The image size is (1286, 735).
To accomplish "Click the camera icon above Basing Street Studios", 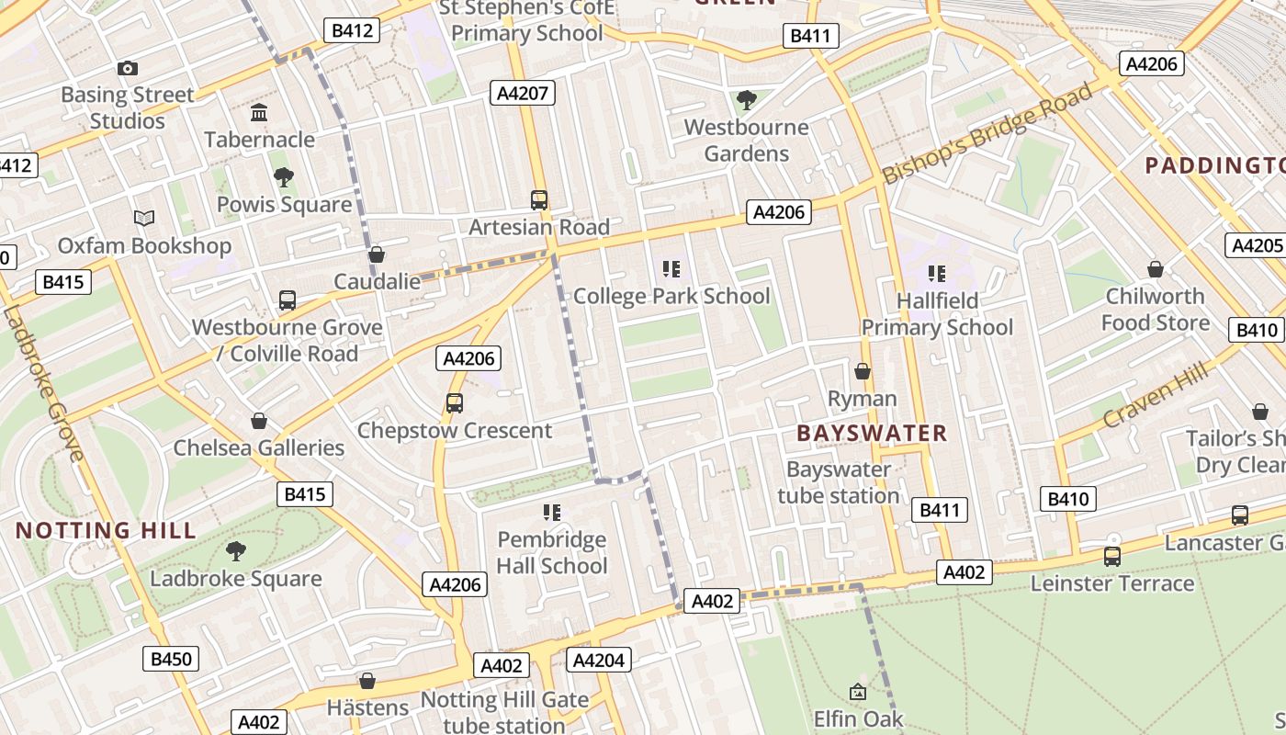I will click(x=128, y=68).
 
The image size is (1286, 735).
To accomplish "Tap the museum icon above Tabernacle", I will click(x=259, y=113).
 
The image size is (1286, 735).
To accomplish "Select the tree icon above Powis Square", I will click(x=284, y=177).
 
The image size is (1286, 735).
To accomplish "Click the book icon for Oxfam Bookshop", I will click(x=144, y=219).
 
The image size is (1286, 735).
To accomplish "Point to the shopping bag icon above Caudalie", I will click(x=376, y=254).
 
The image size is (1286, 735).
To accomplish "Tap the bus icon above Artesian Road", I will click(x=539, y=199).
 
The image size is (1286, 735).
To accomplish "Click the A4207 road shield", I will click(x=522, y=92).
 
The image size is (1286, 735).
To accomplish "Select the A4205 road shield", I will click(x=1255, y=245).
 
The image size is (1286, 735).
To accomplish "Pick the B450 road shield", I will click(x=171, y=659).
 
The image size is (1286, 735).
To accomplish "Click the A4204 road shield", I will click(x=599, y=660).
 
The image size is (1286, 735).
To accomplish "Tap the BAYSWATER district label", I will click(x=872, y=433).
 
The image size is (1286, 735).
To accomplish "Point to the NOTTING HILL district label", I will click(x=106, y=530).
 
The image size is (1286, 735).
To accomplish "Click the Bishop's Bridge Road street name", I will click(x=988, y=133).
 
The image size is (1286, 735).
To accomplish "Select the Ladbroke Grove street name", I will click(x=43, y=383).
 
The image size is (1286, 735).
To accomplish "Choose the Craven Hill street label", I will click(x=1156, y=395).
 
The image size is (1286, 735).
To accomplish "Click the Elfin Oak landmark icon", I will click(x=858, y=692).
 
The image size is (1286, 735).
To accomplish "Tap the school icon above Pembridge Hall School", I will click(x=552, y=512).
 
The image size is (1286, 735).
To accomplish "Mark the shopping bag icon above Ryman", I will click(x=863, y=371).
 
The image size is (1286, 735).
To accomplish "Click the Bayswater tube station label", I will click(x=839, y=482).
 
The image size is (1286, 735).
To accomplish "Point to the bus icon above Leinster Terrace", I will click(x=1112, y=556).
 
